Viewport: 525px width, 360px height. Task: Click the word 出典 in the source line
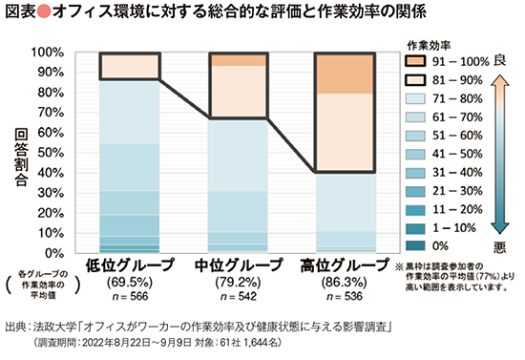[16, 327]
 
